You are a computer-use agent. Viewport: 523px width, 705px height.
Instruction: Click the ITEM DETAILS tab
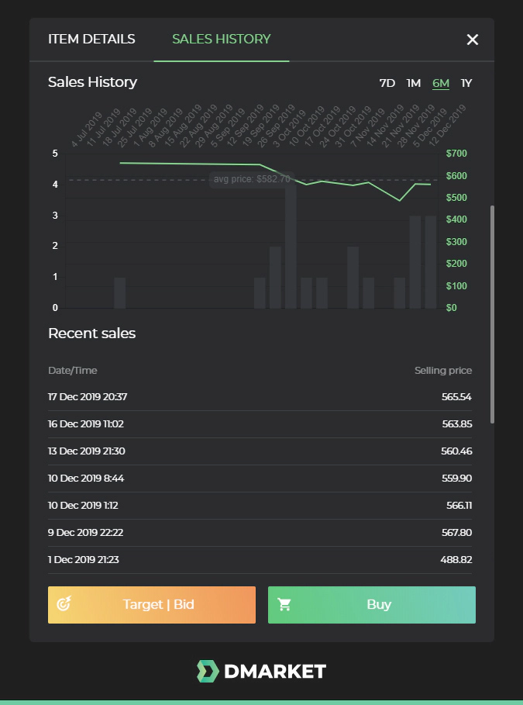pos(91,40)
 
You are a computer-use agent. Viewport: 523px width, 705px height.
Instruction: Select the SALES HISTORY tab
pos(222,40)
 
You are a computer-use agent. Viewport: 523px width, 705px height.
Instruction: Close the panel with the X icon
pos(473,40)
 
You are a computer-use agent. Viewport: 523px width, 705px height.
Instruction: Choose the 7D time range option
pos(387,83)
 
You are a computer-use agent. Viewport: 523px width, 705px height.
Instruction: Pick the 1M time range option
pos(414,83)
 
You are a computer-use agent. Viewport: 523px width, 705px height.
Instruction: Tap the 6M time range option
pos(441,83)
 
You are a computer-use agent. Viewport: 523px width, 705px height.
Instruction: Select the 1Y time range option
pos(466,83)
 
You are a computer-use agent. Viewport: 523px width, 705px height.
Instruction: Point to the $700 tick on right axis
pos(457,153)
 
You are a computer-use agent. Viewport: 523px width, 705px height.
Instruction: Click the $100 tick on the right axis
pos(457,286)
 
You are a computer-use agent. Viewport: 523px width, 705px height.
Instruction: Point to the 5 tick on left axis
pos(55,153)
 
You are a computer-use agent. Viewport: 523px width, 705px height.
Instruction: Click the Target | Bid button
pos(152,605)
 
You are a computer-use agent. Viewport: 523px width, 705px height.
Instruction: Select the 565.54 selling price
pos(456,397)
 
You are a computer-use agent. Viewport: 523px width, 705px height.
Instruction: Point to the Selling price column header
pos(442,371)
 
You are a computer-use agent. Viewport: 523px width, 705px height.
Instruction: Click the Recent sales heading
pos(91,333)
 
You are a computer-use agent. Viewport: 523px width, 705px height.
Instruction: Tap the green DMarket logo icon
pos(208,672)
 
